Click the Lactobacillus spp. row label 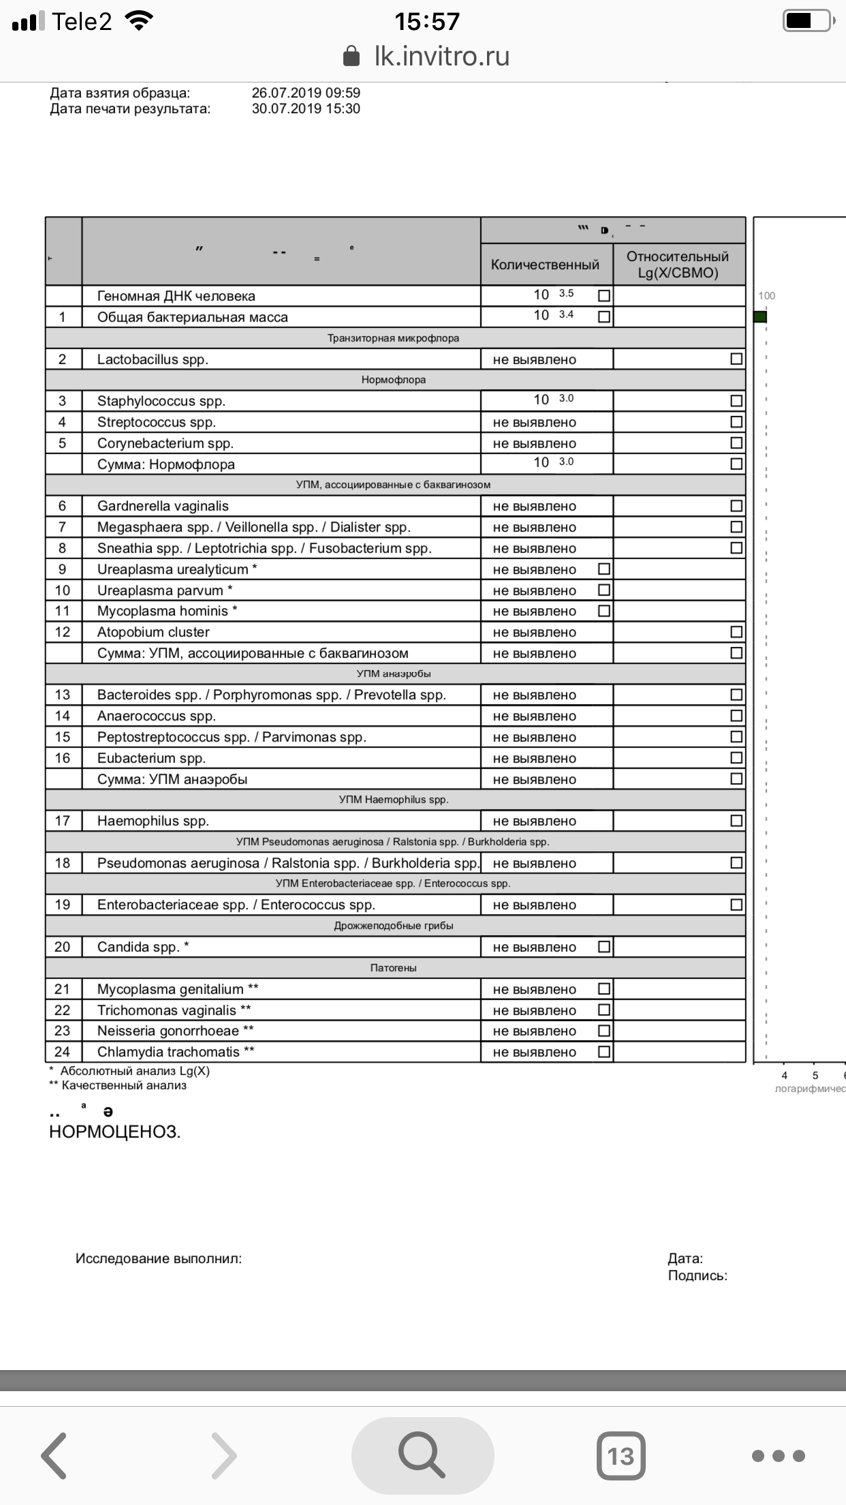tap(153, 360)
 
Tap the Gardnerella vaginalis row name tap(163, 506)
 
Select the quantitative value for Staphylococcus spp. tap(552, 399)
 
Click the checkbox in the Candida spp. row tap(604, 947)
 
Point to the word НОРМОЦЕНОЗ tap(114, 1132)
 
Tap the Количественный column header tap(545, 265)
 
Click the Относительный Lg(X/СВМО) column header tap(678, 265)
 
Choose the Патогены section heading tap(394, 968)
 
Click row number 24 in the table tap(63, 1052)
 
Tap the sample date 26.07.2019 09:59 tap(306, 93)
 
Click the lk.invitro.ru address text tap(441, 57)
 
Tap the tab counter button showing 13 tap(621, 1456)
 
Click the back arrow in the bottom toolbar tap(54, 1456)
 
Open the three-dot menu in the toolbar tap(779, 1456)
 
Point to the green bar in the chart tap(760, 317)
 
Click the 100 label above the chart tap(767, 296)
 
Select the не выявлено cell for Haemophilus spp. tap(535, 821)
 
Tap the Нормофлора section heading tap(394, 380)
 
